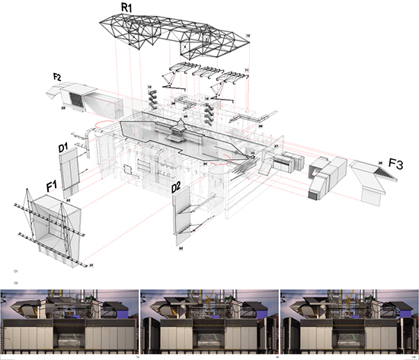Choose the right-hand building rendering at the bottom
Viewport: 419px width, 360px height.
[348, 319]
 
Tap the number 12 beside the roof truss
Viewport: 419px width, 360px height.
[248, 35]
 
